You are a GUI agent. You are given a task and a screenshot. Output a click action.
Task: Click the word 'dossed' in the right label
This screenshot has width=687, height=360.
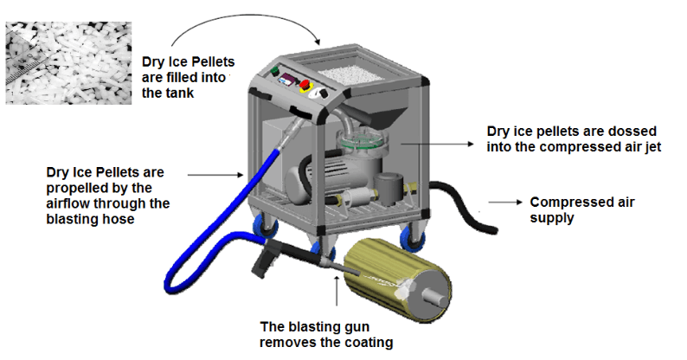point(627,132)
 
